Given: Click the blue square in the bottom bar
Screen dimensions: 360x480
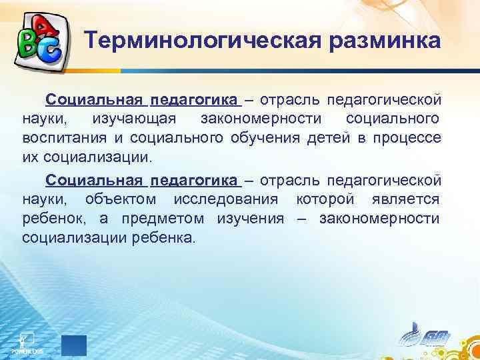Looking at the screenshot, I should tap(74, 345).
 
